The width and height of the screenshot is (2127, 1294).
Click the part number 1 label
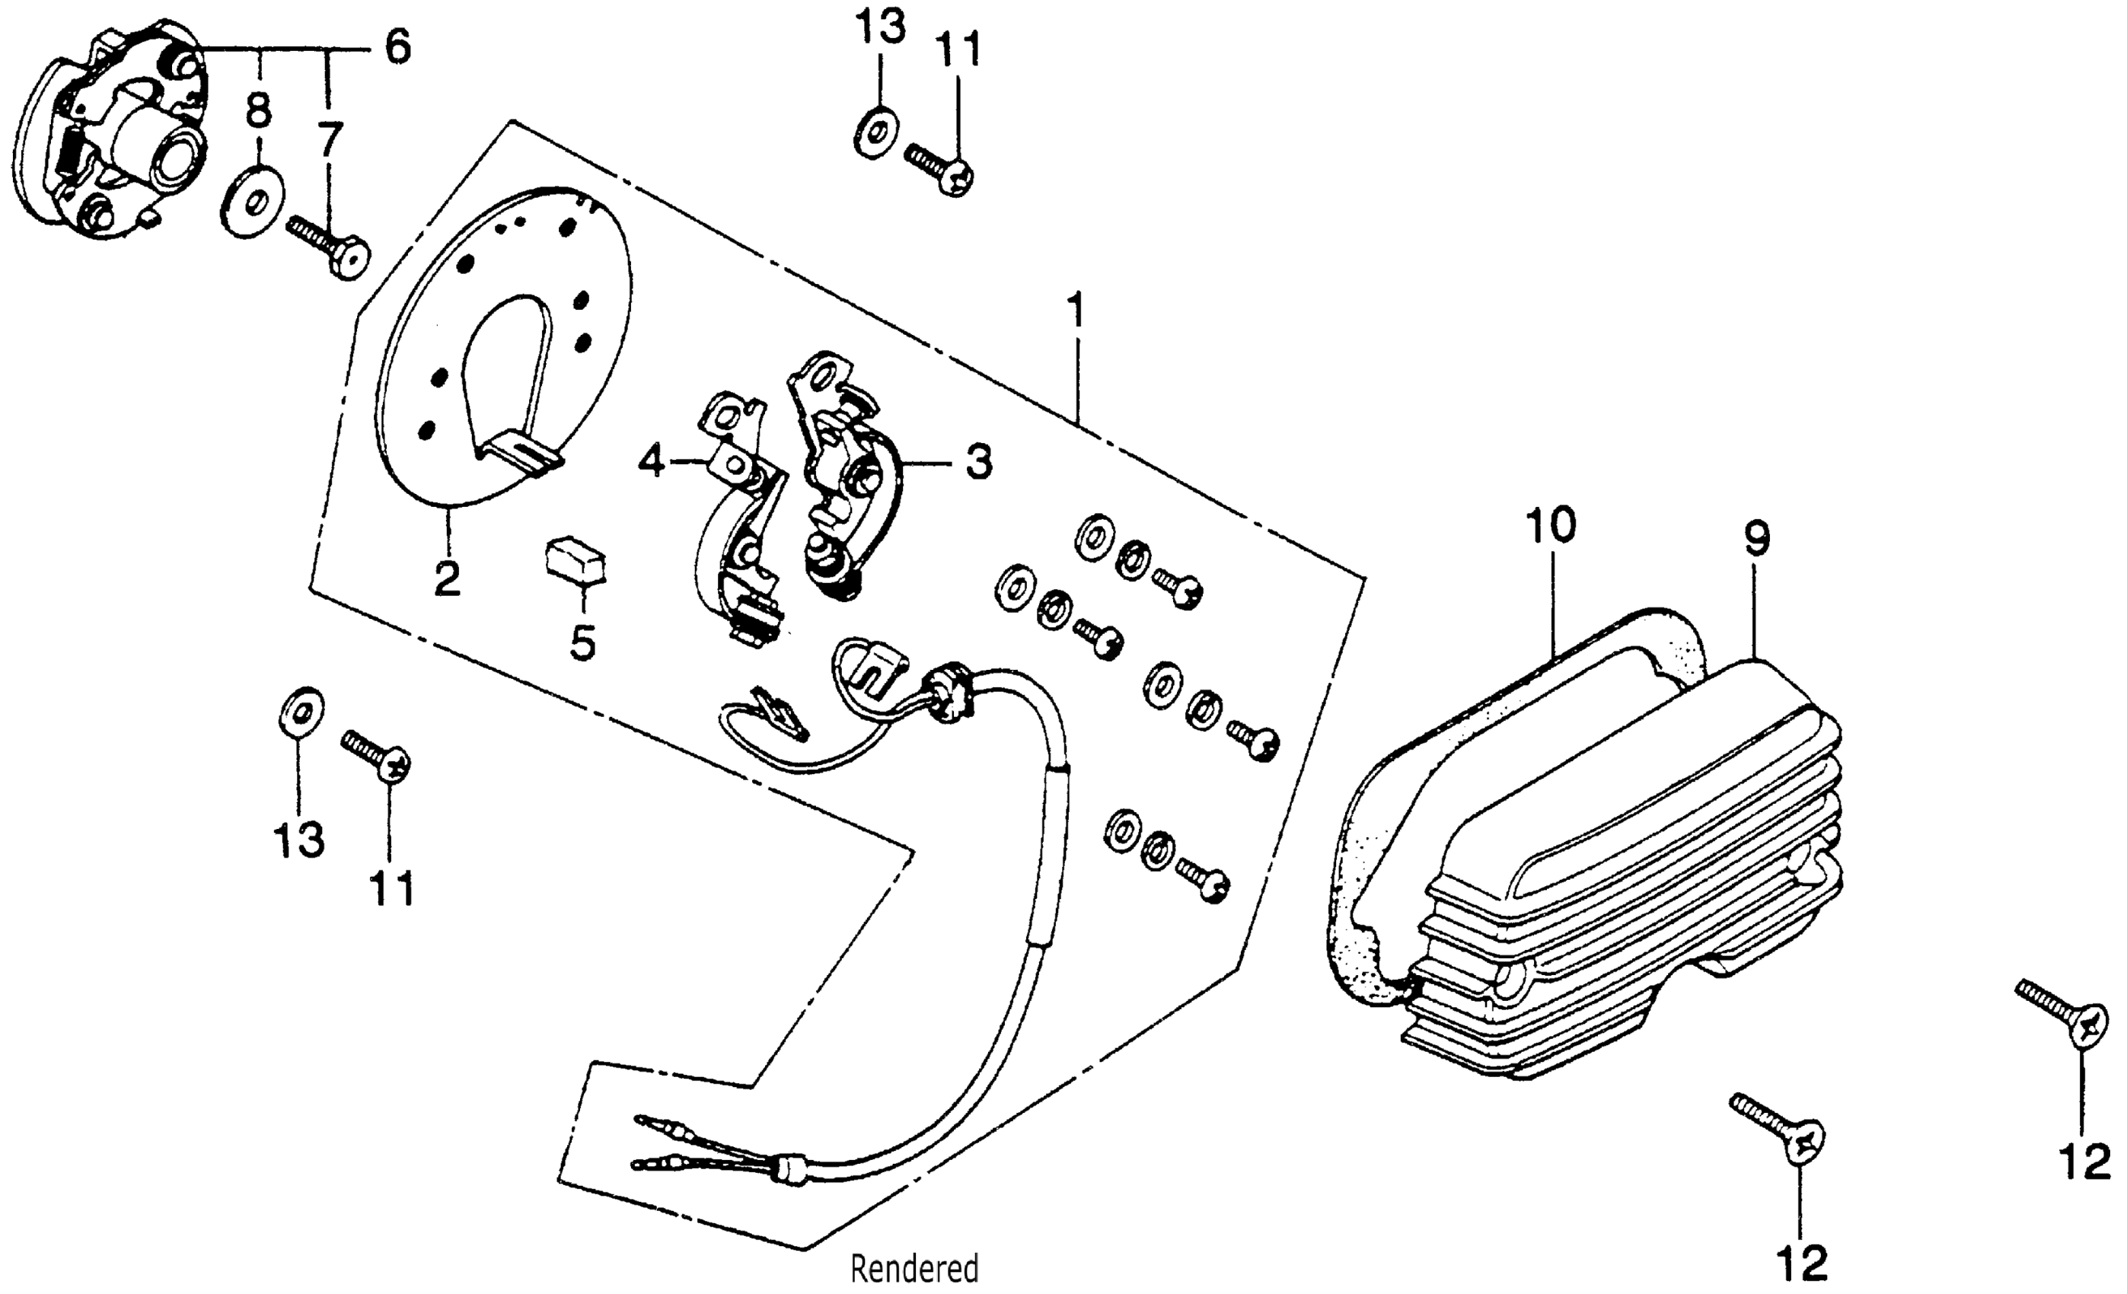point(1075,310)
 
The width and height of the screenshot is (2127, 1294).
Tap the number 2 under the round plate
point(447,578)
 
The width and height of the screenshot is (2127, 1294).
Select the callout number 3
point(978,464)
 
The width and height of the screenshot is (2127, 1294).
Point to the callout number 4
point(652,463)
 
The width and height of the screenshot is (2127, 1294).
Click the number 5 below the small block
point(582,642)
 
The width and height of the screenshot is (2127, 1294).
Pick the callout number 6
point(397,47)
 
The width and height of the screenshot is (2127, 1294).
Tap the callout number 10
point(1551,526)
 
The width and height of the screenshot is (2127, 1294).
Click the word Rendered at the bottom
point(914,1269)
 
